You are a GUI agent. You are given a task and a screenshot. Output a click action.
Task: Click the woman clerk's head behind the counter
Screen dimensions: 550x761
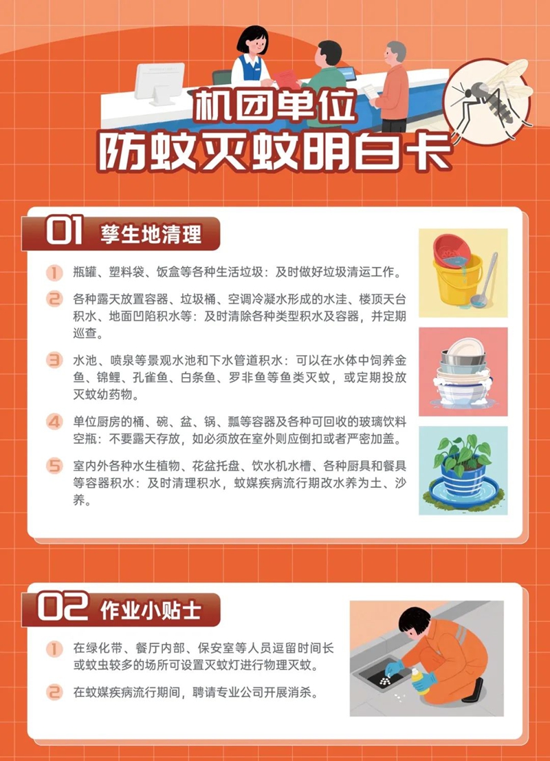(x=252, y=41)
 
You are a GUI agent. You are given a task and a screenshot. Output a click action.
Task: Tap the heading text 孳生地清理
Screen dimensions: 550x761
(x=151, y=235)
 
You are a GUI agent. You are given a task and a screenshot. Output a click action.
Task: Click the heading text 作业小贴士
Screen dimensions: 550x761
(x=151, y=610)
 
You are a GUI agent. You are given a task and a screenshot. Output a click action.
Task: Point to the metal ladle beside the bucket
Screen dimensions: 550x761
(x=485, y=279)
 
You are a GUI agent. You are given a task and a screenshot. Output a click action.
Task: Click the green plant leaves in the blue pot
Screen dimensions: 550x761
(x=463, y=453)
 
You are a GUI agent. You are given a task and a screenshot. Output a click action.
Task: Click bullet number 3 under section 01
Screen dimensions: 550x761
(x=54, y=360)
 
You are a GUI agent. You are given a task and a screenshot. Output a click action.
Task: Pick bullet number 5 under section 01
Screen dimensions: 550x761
(x=54, y=465)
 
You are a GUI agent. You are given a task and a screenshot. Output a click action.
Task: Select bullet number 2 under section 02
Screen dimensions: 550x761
(x=54, y=692)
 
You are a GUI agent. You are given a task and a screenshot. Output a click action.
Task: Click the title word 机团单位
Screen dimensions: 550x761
(x=274, y=107)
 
